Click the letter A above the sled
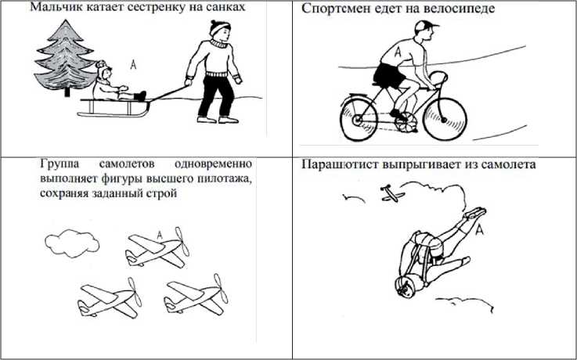[x=133, y=65]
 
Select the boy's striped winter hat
[x=220, y=27]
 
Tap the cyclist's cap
[x=425, y=27]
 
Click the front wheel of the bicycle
[x=445, y=120]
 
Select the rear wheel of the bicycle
[x=359, y=118]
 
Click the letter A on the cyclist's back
[x=398, y=52]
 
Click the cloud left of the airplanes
[x=72, y=243]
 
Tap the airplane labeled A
[x=157, y=248]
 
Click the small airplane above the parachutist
[x=392, y=194]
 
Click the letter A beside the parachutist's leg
[x=479, y=230]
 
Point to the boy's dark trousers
[x=215, y=96]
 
